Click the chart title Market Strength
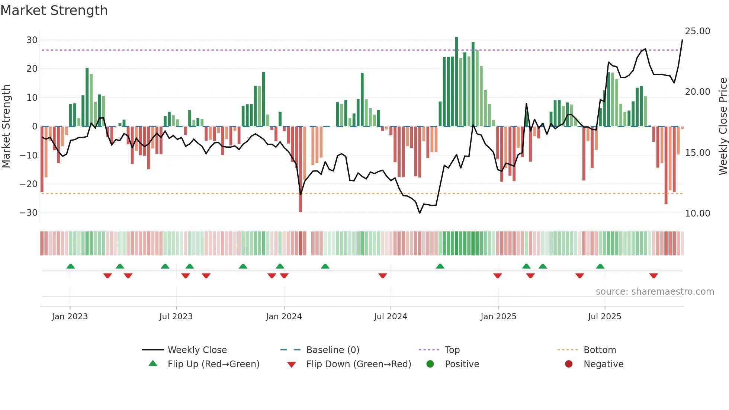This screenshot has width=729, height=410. pos(54,10)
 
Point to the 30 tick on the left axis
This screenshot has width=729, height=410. pos(32,40)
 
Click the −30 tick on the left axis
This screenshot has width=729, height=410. pos(29,213)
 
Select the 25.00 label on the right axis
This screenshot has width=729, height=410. pos(697,31)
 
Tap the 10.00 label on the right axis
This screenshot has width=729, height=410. pos(697,214)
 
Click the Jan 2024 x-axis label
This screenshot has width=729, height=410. pos(284,317)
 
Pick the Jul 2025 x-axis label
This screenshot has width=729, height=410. pos(604,317)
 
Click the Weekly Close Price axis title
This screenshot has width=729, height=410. pos(723,126)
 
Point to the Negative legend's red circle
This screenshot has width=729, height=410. pos(569,364)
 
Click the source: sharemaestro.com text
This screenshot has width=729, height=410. pos(655,292)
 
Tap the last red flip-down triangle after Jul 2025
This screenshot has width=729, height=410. pos(653,276)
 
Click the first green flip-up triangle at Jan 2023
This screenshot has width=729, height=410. pos(71,266)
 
